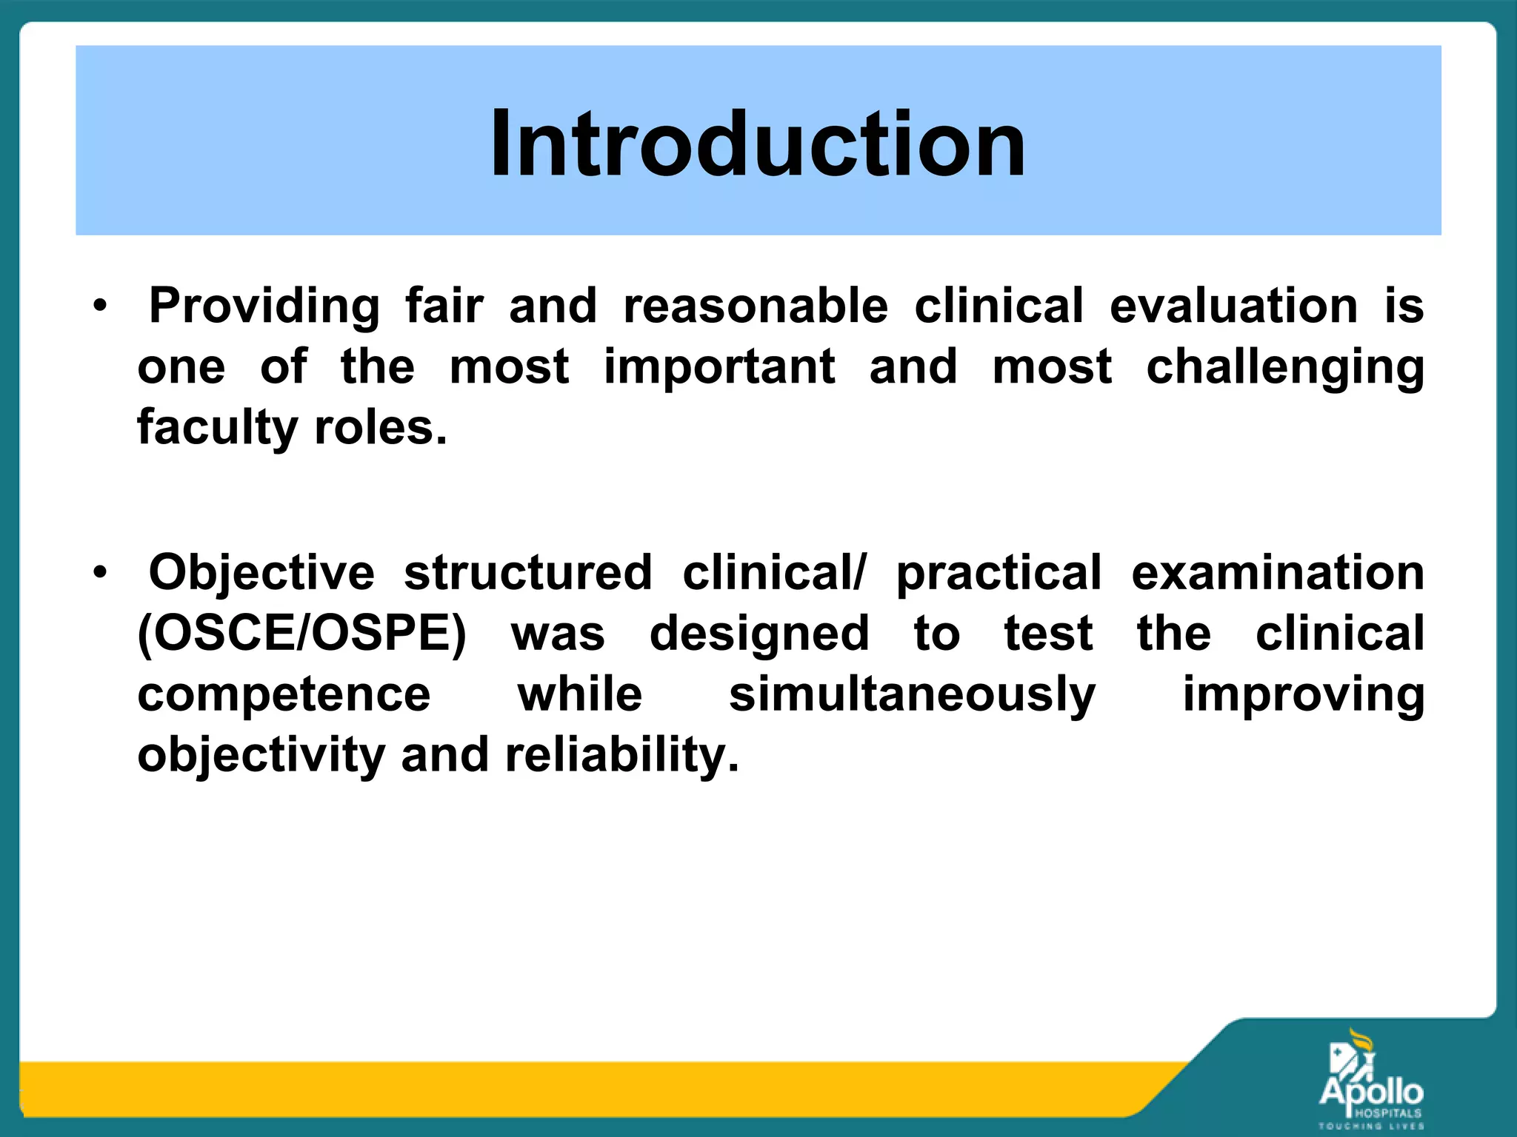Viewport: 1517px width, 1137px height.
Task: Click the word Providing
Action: coord(264,306)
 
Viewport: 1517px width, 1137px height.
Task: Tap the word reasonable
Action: coord(756,306)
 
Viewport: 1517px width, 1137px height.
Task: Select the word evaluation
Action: coord(1233,306)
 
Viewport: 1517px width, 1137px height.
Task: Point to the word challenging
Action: coord(1285,368)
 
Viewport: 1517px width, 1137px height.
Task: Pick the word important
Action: coord(719,366)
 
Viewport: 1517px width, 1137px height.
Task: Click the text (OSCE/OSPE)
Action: coord(302,634)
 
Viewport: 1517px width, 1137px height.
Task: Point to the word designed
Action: coord(759,634)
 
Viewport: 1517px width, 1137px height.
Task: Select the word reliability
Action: coord(622,755)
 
